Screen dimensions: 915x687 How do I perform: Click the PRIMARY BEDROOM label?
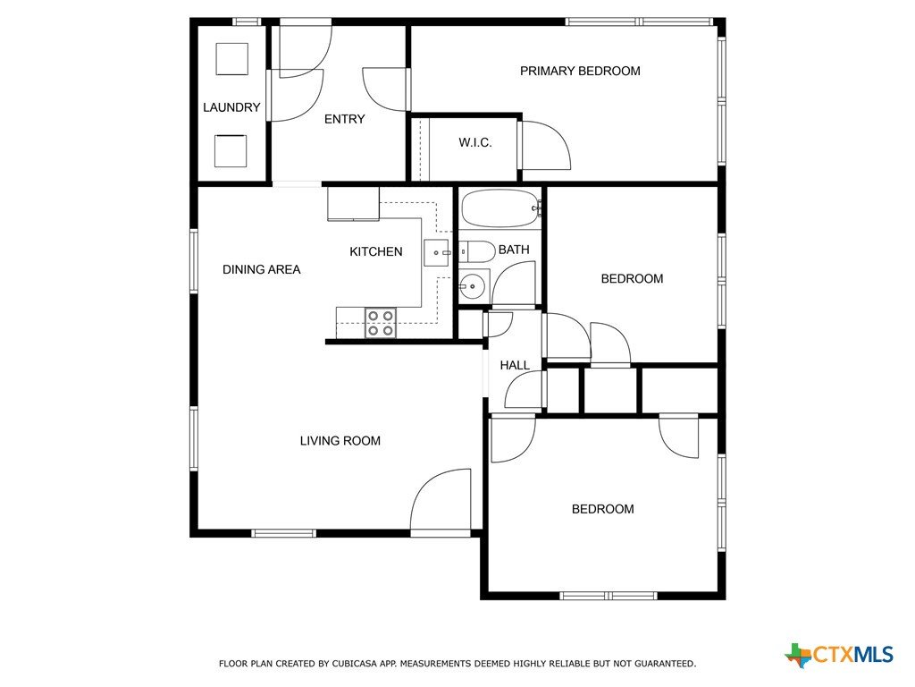pos(580,72)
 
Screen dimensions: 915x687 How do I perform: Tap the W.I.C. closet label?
pos(475,142)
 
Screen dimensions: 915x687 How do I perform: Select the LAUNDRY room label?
pos(231,107)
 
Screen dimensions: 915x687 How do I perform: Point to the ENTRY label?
pos(344,119)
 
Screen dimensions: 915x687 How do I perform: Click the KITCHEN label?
pos(376,251)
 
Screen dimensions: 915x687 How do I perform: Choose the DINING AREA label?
pos(262,269)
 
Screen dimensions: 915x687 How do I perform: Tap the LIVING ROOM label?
pos(340,441)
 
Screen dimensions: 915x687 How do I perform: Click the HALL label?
pos(515,366)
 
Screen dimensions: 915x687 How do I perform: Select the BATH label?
pos(514,250)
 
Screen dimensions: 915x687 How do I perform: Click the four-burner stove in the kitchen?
pos(381,323)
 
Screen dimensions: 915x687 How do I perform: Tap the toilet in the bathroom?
pos(476,251)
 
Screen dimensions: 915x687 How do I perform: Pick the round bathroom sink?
pos(474,286)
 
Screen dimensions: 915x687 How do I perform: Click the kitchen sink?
pos(436,253)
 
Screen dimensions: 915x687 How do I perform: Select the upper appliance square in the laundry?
pos(232,59)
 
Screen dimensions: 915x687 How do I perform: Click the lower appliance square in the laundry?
pos(231,150)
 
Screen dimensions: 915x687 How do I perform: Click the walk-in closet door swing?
pos(546,146)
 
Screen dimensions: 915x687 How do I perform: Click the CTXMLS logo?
pos(839,654)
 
